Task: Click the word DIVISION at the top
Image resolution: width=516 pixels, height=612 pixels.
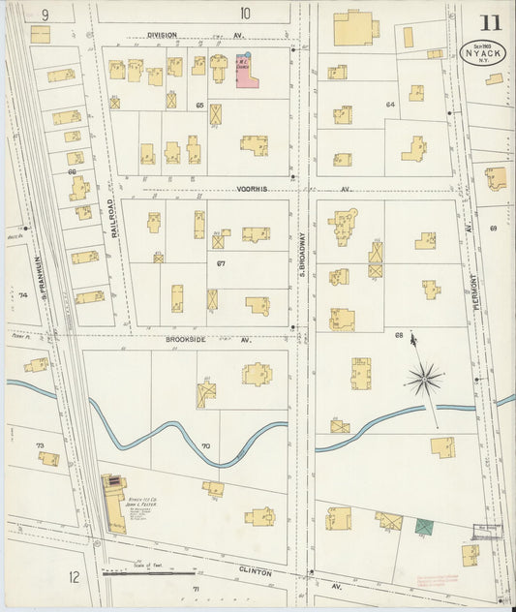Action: coord(162,35)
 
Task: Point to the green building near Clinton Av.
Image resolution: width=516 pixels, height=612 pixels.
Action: coord(424,527)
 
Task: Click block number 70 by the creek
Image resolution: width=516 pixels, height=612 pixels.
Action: coord(204,446)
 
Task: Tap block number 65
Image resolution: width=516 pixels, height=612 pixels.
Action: coord(199,105)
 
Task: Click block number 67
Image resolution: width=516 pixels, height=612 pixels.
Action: coord(221,263)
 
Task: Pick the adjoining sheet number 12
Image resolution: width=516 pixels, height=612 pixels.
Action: coord(75,577)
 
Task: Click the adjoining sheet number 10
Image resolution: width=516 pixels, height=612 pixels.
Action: coord(245,13)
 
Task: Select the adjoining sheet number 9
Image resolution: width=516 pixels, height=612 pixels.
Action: coord(45,14)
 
